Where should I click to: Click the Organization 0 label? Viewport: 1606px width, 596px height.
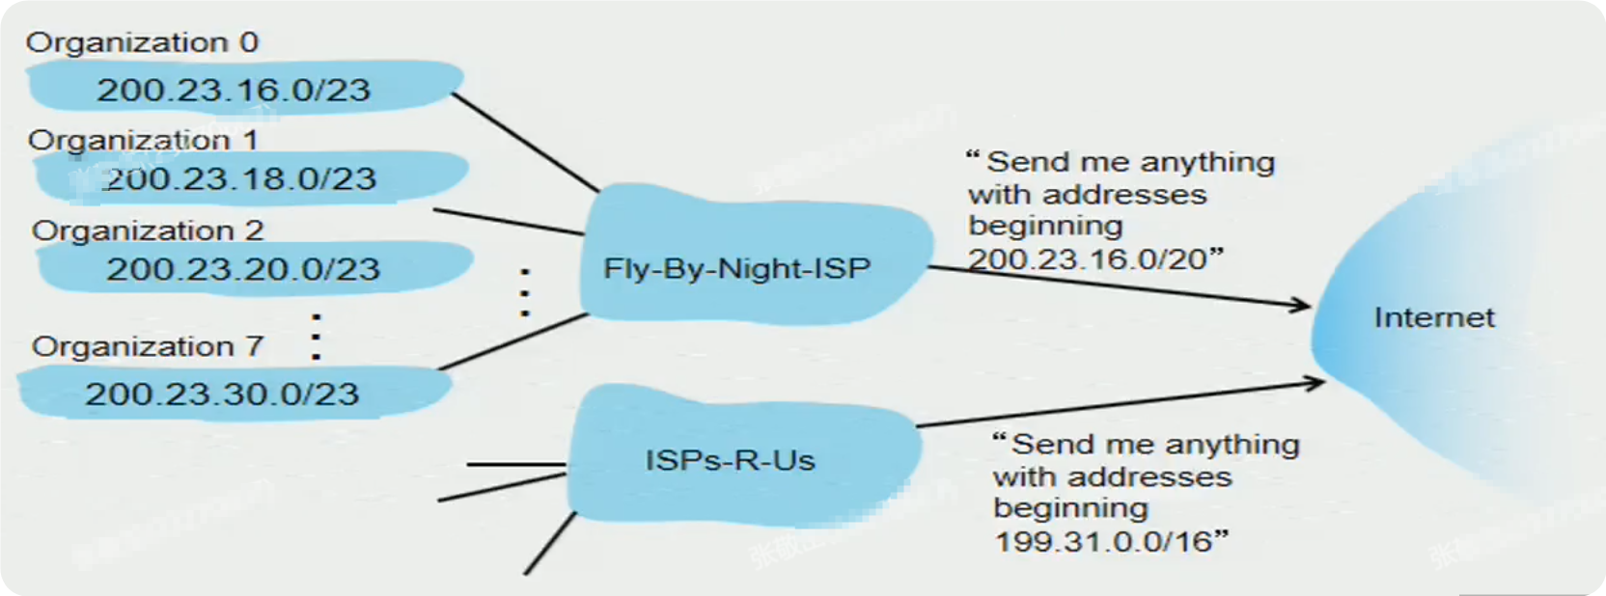click(x=142, y=43)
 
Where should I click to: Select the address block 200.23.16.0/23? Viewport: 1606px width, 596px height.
click(x=234, y=91)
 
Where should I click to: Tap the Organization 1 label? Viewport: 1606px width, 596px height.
click(x=144, y=140)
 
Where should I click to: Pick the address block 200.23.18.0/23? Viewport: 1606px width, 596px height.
click(x=241, y=179)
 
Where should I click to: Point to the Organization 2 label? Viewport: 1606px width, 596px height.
click(x=148, y=230)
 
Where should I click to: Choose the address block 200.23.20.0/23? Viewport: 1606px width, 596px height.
click(x=243, y=269)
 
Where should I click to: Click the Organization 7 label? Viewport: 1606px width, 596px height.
click(x=148, y=347)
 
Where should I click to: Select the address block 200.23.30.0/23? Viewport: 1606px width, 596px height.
click(x=222, y=394)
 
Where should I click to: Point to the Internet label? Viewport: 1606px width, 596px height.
click(x=1434, y=317)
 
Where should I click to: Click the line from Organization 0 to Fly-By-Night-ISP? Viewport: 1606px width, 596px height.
click(x=526, y=143)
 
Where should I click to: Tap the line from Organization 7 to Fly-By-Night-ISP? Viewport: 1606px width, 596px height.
click(x=512, y=341)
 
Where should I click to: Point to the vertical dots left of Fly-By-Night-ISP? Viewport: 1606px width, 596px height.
click(x=526, y=293)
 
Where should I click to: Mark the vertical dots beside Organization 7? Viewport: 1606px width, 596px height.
click(x=317, y=337)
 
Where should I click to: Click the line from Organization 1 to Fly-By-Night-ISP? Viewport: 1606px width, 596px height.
click(x=509, y=222)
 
